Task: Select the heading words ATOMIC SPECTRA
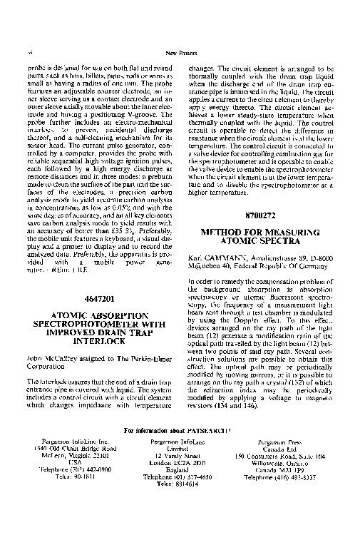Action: (259, 242)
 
